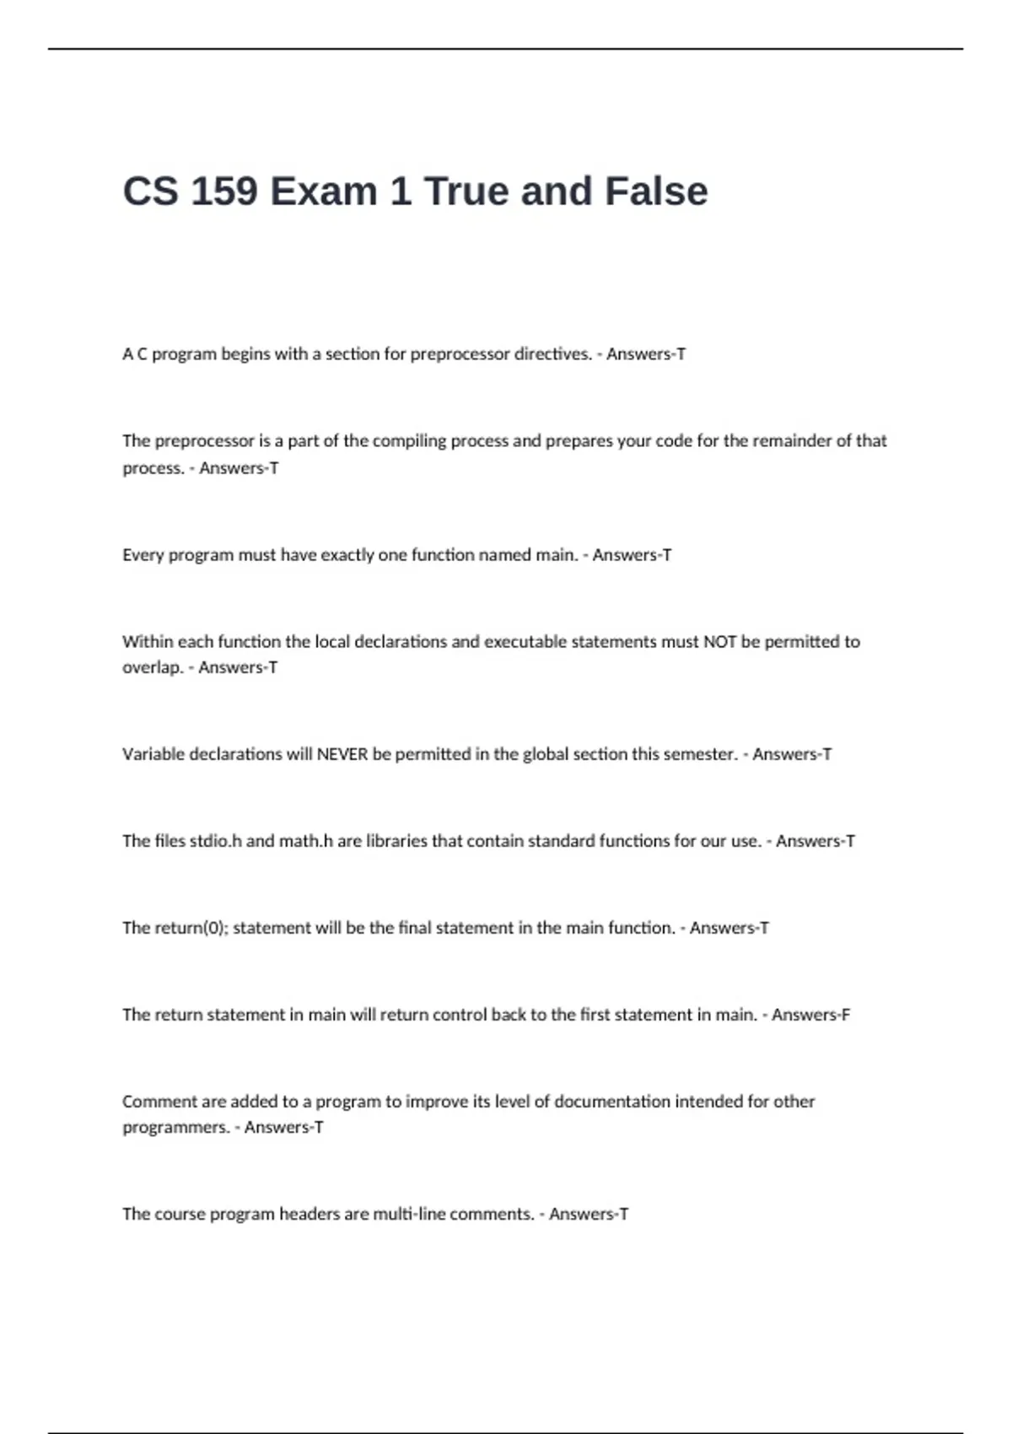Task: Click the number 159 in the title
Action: coord(224,191)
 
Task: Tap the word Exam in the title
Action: coord(324,191)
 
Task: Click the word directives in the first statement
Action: coord(552,354)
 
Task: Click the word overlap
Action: coord(153,668)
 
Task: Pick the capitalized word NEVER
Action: coord(342,754)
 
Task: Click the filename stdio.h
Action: coord(216,841)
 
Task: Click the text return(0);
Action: coord(191,928)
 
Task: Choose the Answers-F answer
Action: coord(810,1015)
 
